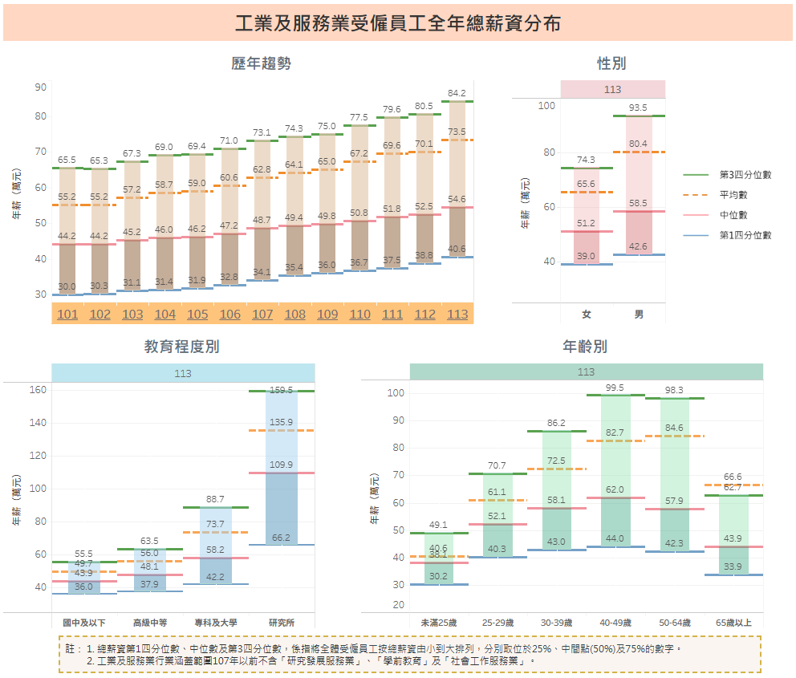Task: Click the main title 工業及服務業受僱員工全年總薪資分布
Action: coord(398,24)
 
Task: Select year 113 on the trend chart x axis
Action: coord(457,314)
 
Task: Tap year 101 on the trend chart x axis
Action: coord(67,314)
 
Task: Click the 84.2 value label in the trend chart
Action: coord(457,93)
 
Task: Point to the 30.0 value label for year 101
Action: coord(67,286)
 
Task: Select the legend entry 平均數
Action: coord(733,195)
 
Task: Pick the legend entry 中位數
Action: coord(733,215)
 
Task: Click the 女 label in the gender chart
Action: coord(587,315)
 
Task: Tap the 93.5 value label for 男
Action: coord(639,108)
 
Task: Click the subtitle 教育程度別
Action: coord(181,347)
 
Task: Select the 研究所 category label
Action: coord(281,622)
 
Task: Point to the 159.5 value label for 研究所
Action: coord(281,391)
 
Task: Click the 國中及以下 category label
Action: coord(83,622)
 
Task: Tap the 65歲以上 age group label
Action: coord(733,622)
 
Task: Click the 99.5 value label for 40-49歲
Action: coord(615,388)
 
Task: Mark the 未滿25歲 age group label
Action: coord(438,622)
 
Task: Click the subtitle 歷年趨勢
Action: coord(261,63)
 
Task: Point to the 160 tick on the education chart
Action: coord(39,390)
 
